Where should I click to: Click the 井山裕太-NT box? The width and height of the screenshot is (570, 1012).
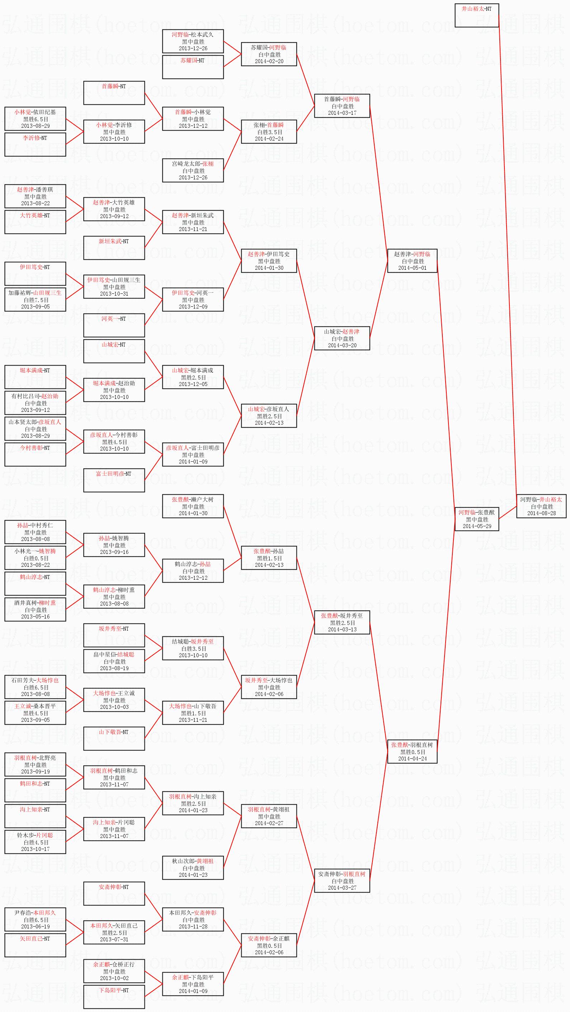tap(476, 15)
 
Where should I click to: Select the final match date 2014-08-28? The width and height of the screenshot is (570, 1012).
tap(541, 513)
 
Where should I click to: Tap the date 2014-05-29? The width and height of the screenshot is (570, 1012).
tap(477, 526)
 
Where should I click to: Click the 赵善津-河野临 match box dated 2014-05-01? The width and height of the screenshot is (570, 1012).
tap(412, 260)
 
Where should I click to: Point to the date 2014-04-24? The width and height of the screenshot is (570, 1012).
tap(412, 759)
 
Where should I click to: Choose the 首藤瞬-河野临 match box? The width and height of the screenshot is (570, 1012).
tap(342, 106)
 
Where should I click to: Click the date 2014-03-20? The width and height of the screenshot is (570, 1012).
tap(342, 345)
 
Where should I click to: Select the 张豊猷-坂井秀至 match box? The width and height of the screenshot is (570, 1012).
tap(342, 622)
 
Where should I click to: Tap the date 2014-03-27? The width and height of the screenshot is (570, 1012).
tap(342, 888)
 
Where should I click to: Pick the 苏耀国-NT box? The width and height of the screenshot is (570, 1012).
tap(193, 67)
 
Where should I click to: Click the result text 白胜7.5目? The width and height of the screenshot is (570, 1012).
tap(36, 300)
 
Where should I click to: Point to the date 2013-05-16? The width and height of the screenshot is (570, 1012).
tap(35, 616)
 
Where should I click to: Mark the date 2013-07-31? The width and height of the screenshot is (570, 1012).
tap(114, 939)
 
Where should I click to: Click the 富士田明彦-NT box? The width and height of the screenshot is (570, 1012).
tap(114, 480)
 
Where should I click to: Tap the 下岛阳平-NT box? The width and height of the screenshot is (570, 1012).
tap(114, 997)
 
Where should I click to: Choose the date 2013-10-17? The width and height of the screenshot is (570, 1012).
tap(35, 849)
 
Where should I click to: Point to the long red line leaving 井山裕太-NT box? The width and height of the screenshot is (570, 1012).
tap(508, 255)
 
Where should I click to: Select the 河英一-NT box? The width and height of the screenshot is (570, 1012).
tap(114, 325)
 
